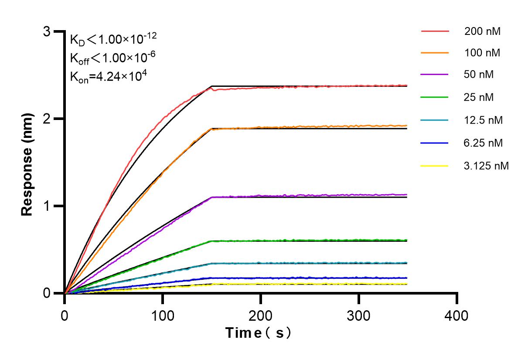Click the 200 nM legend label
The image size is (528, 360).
coord(483,31)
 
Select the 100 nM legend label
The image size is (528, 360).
coord(483,53)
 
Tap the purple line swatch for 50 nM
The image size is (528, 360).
coord(435,75)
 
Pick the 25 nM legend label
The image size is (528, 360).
coord(479,97)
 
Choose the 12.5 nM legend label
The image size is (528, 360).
coord(484,120)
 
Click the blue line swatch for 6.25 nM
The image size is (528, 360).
coord(435,143)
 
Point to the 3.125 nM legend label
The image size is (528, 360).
coord(487,166)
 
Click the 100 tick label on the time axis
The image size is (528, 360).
coord(163,315)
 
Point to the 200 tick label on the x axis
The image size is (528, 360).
coord(261,315)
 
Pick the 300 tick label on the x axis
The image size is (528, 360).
coord(359,315)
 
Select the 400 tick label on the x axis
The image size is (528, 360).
coord(457,315)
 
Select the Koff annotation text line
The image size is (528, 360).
coord(112,58)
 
